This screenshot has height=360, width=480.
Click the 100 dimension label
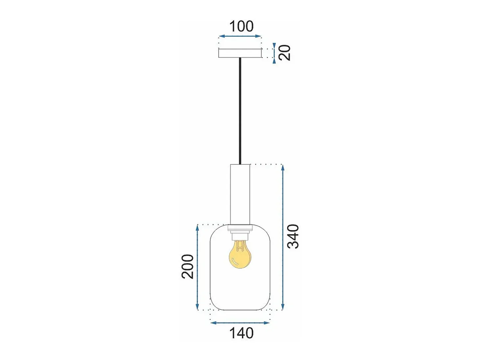pos(241,26)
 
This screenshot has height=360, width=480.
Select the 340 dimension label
pos(293,236)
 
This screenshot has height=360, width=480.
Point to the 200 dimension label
pos(188,266)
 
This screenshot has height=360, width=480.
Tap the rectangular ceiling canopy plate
pos(240,53)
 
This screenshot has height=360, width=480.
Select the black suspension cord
pos(240,111)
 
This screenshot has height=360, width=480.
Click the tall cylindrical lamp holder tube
pos(240,194)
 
